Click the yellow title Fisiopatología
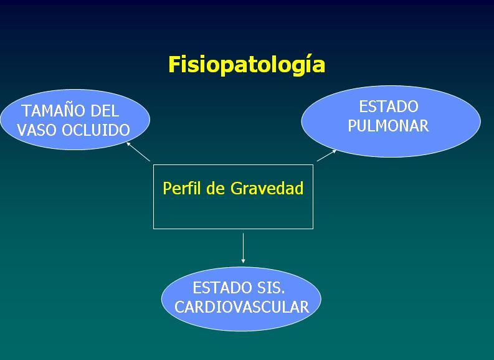coord(247,65)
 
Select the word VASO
coord(37,130)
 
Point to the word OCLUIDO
coord(96,130)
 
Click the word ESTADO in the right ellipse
coord(389,107)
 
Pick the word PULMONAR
coord(388,126)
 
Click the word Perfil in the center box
coord(183,188)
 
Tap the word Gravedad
coord(267,188)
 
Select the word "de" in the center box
coord(216,188)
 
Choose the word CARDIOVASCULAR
coord(242,307)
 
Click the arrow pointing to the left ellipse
coord(138,152)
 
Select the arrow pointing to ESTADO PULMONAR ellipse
coord(326,155)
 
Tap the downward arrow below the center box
coord(243,248)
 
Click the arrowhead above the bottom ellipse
coord(243,261)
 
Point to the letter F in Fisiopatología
coord(174,64)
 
